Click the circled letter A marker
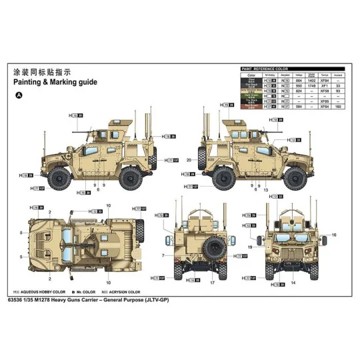(x=19, y=95)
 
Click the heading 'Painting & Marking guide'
(x=55, y=82)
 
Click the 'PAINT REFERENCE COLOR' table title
(x=264, y=69)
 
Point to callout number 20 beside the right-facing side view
(x=189, y=161)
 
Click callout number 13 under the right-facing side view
(x=265, y=190)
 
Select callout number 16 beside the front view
(x=335, y=235)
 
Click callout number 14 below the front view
(x=293, y=284)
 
